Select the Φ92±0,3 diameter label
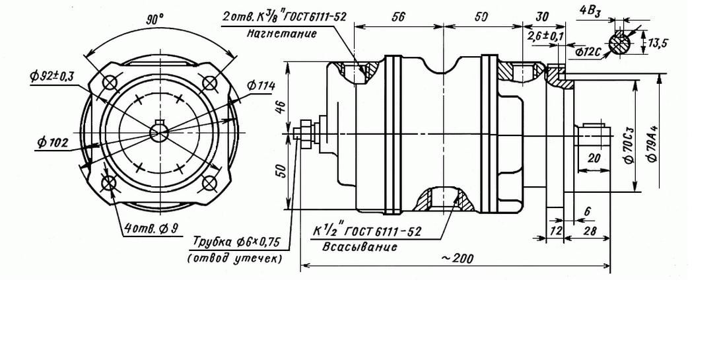tap(51, 76)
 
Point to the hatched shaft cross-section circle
tap(621, 43)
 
